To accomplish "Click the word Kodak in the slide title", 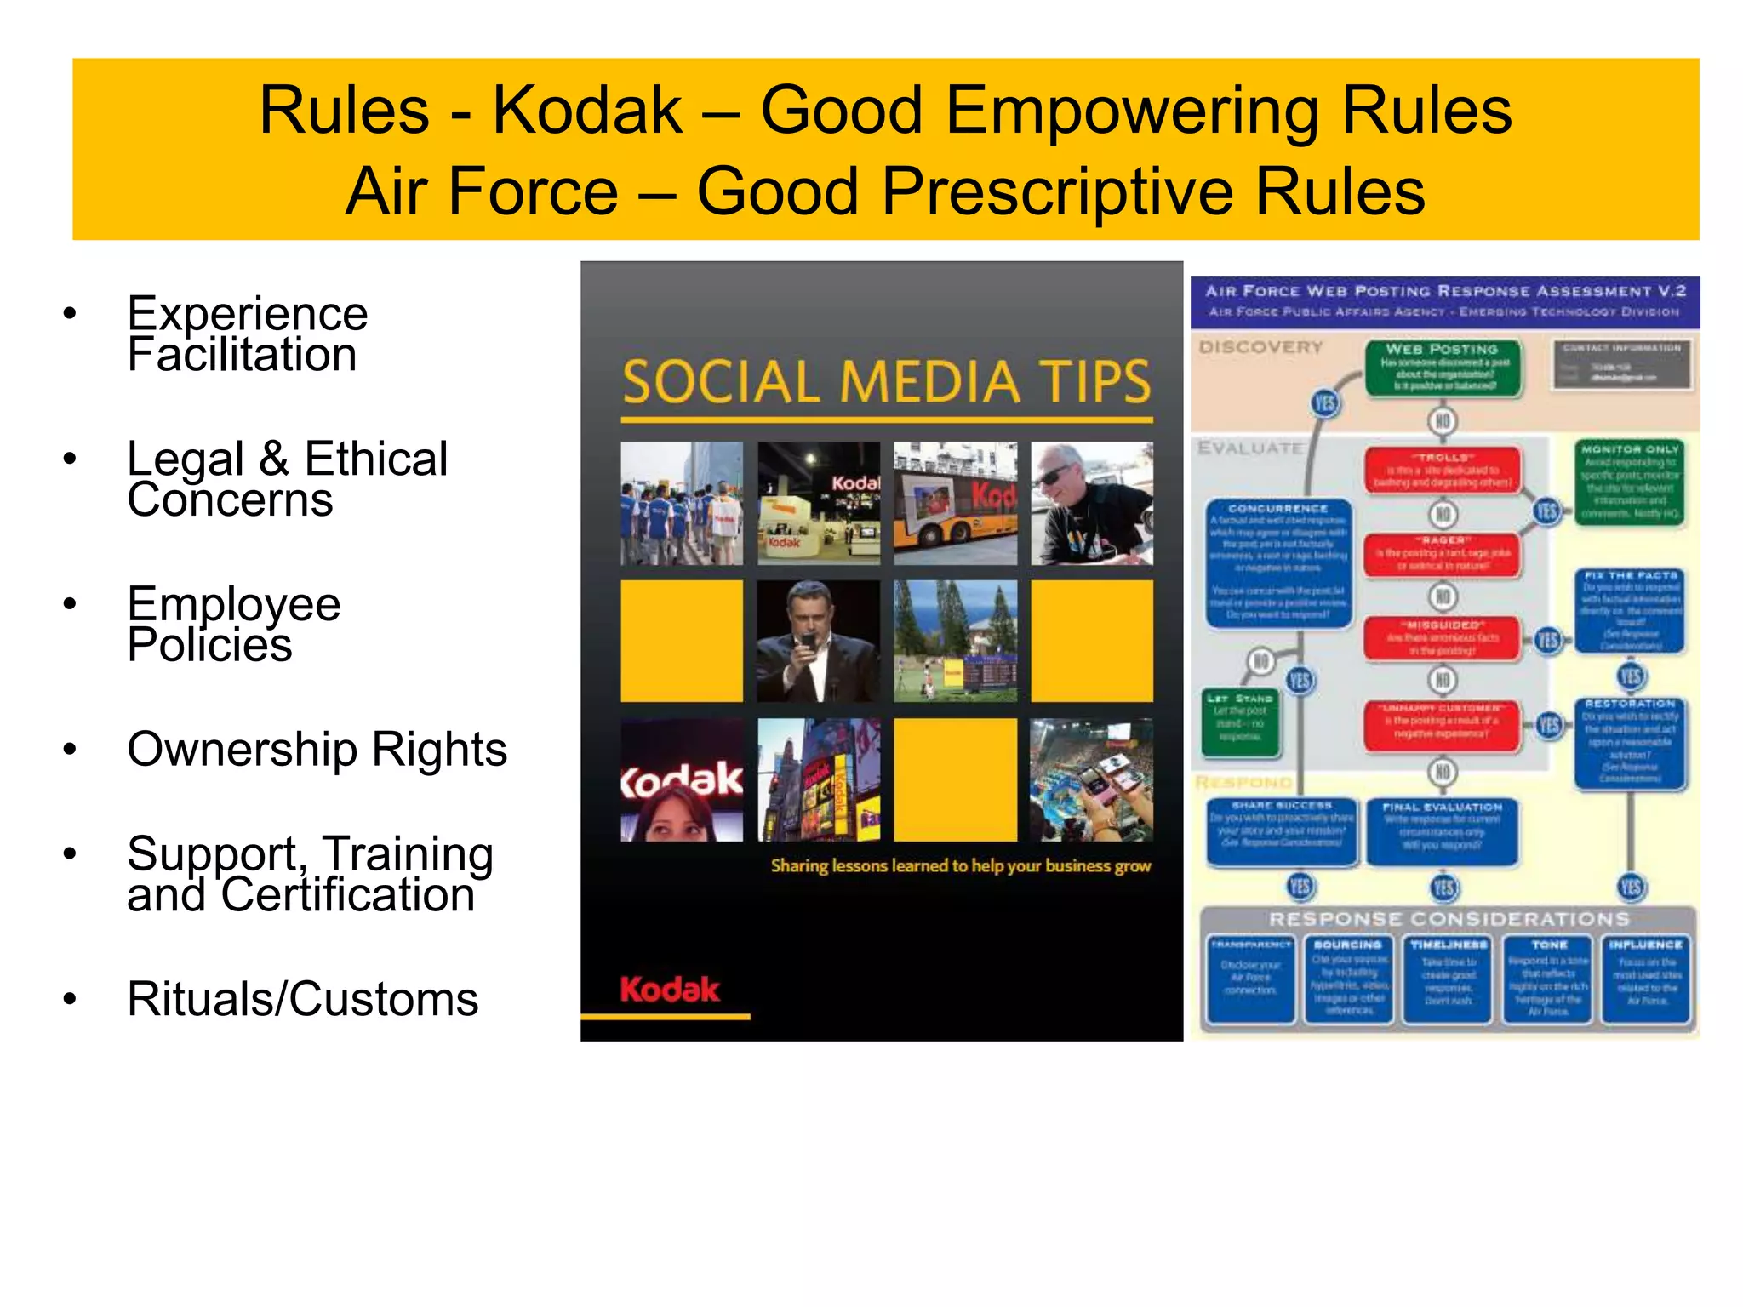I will (x=587, y=111).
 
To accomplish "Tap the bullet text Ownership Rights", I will (x=317, y=750).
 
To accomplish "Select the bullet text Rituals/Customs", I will (x=302, y=999).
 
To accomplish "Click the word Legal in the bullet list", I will (x=186, y=459).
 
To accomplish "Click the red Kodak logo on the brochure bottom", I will (x=670, y=990).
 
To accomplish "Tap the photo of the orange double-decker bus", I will (x=955, y=503).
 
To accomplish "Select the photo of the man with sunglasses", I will (x=1092, y=503).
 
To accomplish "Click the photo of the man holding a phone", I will (x=818, y=641).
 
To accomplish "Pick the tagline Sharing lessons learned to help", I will (x=960, y=866).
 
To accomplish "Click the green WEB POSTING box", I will (x=1443, y=368).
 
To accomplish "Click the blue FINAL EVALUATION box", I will (x=1443, y=830).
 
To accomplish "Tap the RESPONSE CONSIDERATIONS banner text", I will (x=1449, y=919).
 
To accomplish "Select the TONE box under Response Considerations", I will (x=1547, y=979).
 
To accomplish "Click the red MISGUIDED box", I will (x=1443, y=638).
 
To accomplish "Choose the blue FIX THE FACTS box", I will (x=1630, y=610).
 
